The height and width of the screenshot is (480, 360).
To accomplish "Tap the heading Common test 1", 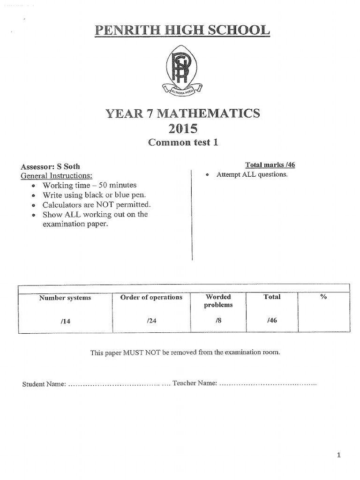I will point(183,142).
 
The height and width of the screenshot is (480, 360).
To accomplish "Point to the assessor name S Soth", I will point(68,166).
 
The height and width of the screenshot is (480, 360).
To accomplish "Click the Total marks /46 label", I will point(270,165).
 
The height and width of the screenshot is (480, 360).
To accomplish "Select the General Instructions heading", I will point(56,176).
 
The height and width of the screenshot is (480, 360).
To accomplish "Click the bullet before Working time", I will point(33,186).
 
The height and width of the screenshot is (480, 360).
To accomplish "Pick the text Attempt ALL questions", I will point(252,174).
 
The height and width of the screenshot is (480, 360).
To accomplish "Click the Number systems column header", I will point(65,298).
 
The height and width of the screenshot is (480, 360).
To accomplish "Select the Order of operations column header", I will point(151,297).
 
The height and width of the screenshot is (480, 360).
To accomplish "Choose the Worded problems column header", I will point(218,301).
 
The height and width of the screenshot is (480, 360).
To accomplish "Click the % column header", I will point(323,297).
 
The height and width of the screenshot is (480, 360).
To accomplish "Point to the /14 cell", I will point(65,321).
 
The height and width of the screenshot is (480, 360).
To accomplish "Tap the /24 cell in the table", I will point(151,321).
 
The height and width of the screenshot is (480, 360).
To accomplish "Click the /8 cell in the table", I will point(218,321).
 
